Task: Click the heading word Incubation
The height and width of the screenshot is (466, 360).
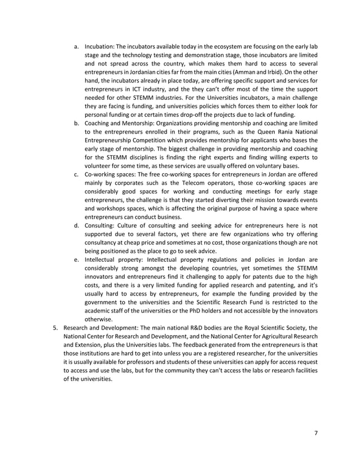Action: click(x=99, y=46)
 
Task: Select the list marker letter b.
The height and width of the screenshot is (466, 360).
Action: click(x=76, y=123)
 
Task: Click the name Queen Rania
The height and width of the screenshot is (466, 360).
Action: click(x=268, y=131)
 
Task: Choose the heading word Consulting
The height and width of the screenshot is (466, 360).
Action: click(x=100, y=226)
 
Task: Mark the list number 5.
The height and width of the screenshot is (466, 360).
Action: click(x=55, y=328)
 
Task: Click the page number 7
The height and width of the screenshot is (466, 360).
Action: click(x=317, y=433)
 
